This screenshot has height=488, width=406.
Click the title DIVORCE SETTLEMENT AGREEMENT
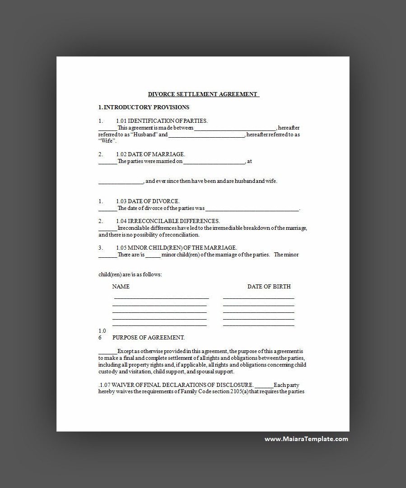(x=203, y=94)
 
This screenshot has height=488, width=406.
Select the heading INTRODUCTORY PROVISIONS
(x=146, y=107)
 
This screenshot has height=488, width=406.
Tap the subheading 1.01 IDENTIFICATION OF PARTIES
(x=162, y=121)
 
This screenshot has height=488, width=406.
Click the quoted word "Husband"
(x=145, y=135)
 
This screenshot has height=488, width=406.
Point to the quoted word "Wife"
(x=107, y=141)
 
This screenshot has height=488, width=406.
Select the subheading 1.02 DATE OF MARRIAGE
(x=150, y=154)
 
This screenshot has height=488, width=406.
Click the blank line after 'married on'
(x=214, y=162)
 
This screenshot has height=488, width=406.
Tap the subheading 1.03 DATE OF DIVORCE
(x=148, y=201)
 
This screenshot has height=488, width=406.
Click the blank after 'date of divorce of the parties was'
(x=252, y=209)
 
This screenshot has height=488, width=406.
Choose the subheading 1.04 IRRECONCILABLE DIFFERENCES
(x=168, y=221)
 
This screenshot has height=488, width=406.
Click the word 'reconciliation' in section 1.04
(x=183, y=235)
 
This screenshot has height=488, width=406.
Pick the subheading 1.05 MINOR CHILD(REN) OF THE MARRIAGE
(x=176, y=248)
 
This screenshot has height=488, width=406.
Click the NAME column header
(x=121, y=287)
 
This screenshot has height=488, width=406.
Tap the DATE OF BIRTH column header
(x=269, y=287)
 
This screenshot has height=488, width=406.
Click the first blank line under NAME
(x=161, y=298)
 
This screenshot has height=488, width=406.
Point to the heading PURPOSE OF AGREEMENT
(x=148, y=338)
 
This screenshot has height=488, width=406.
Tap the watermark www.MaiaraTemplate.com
(x=306, y=439)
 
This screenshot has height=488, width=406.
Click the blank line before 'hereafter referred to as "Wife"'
(x=207, y=135)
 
